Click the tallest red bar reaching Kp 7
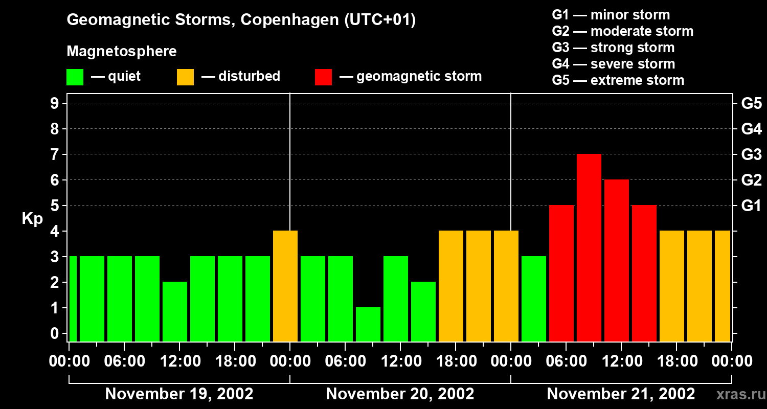pyautogui.click(x=589, y=247)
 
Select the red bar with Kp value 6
pyautogui.click(x=617, y=260)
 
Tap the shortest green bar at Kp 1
pyautogui.click(x=368, y=324)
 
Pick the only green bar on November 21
pyautogui.click(x=534, y=299)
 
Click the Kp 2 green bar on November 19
pyautogui.click(x=175, y=311)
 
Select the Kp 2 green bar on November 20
pyautogui.click(x=423, y=311)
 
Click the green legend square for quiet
pyautogui.click(x=75, y=77)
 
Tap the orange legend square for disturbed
pyautogui.click(x=185, y=77)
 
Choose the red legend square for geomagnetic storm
pyautogui.click(x=324, y=77)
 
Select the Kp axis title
pyautogui.click(x=32, y=219)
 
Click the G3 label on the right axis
pyautogui.click(x=751, y=154)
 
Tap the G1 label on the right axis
pyautogui.click(x=751, y=206)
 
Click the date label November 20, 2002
pyautogui.click(x=400, y=394)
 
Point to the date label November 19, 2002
pyautogui.click(x=179, y=394)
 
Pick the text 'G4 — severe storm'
pyautogui.click(x=614, y=64)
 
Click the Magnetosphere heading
pyautogui.click(x=122, y=52)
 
